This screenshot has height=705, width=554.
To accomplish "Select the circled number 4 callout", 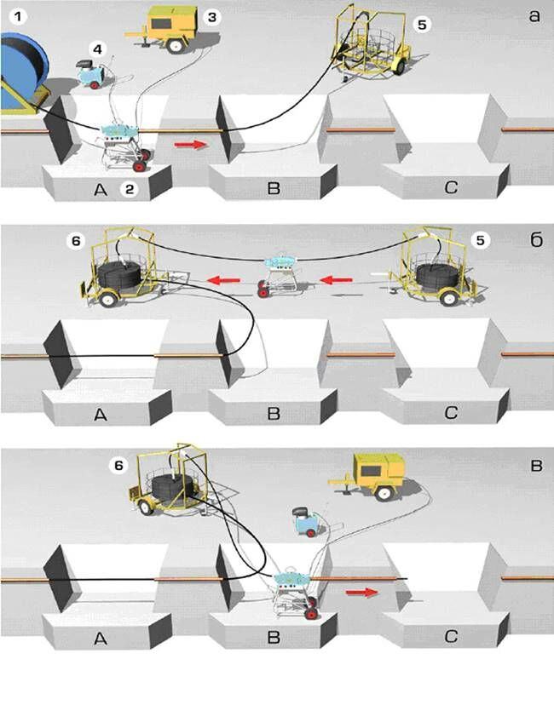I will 99,49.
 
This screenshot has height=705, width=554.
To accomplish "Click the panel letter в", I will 534,464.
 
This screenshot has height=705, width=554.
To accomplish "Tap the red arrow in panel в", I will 362,589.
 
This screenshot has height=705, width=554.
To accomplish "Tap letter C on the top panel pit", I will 450,186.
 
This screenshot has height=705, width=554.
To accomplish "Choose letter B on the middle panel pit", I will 273,415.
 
